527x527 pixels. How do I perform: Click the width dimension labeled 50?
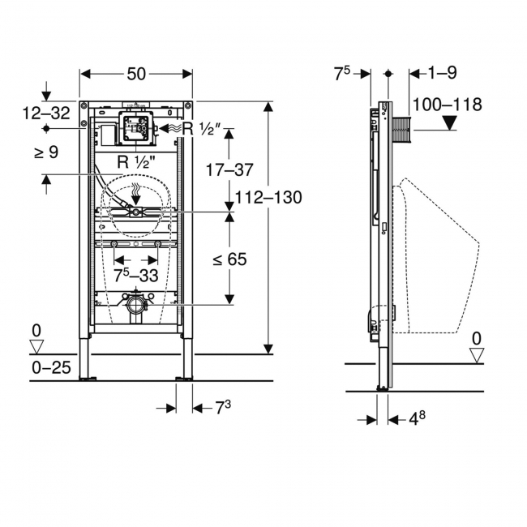pos(136,74)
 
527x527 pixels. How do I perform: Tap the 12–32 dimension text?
pos(46,113)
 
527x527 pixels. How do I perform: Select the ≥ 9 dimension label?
pos(46,152)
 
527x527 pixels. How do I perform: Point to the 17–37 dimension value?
pos(229,169)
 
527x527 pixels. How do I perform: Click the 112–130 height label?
pos(268,197)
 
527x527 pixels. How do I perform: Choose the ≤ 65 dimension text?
pos(230,259)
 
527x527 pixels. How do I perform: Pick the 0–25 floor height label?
pos(51,368)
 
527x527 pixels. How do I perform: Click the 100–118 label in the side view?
pos(447,105)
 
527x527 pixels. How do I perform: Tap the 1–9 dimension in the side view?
pos(442,73)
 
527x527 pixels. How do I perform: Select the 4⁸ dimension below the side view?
pos(417,418)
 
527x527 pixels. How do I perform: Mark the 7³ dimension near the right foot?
pos(223,408)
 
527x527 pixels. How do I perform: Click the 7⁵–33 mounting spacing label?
pos(135,276)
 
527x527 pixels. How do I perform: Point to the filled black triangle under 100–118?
pos(449,122)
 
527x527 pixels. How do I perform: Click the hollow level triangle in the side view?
pos(477,355)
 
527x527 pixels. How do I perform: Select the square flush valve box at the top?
pos(135,128)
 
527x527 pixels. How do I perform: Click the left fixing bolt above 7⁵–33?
pos(114,243)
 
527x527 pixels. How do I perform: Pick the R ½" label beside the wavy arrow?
pos(202,128)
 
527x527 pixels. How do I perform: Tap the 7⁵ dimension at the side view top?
pos(342,74)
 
